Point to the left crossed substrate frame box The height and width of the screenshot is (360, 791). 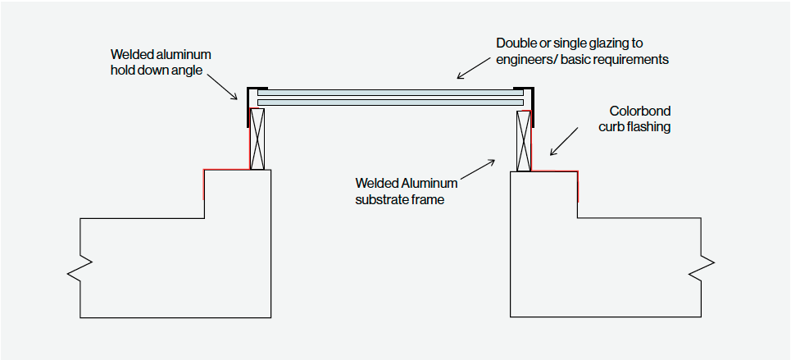[x=258, y=139]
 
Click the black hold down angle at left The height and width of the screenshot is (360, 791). [x=247, y=107]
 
